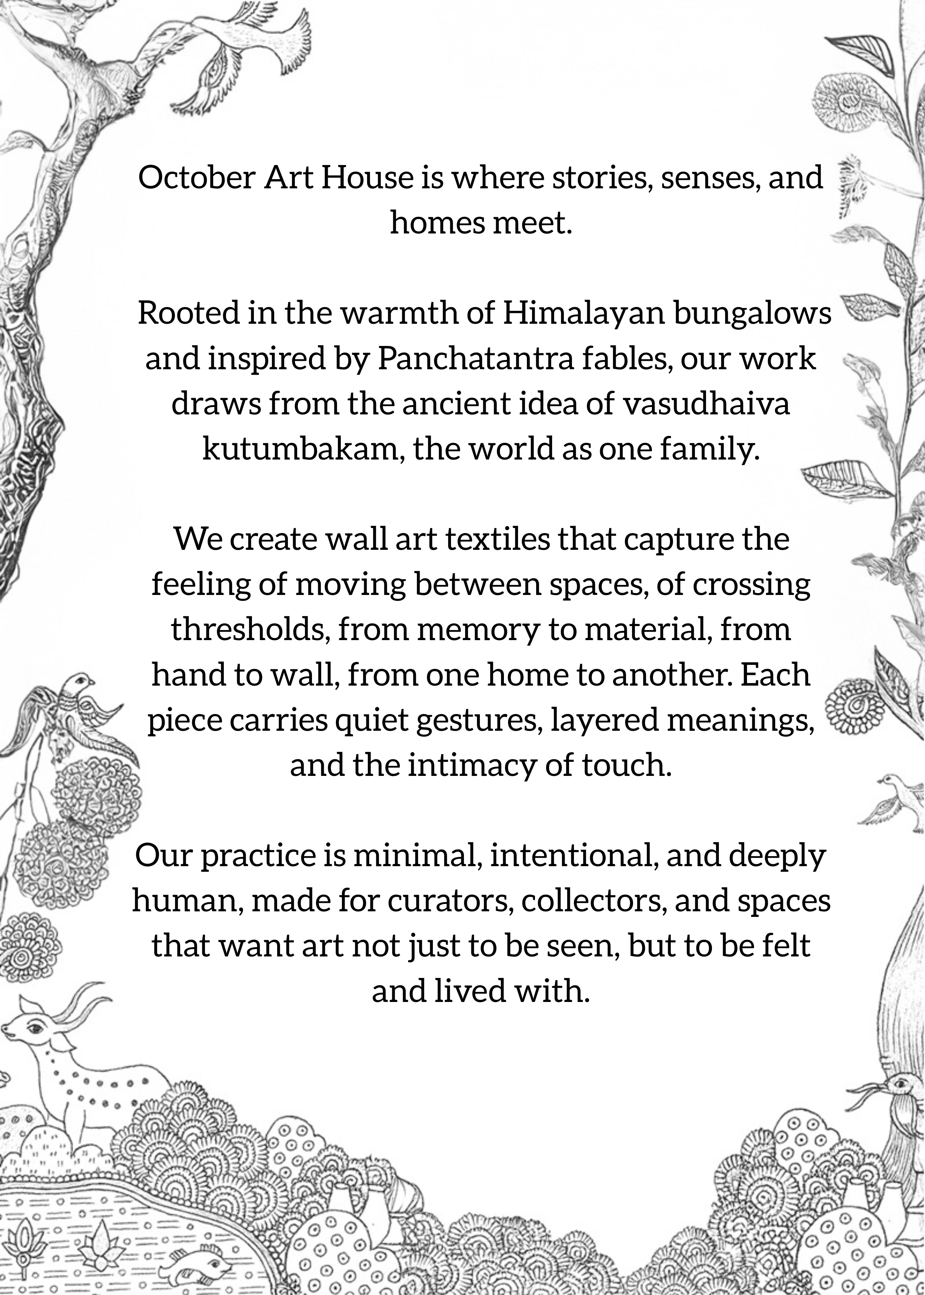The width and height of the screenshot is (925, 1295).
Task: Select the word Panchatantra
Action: pyautogui.click(x=475, y=359)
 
